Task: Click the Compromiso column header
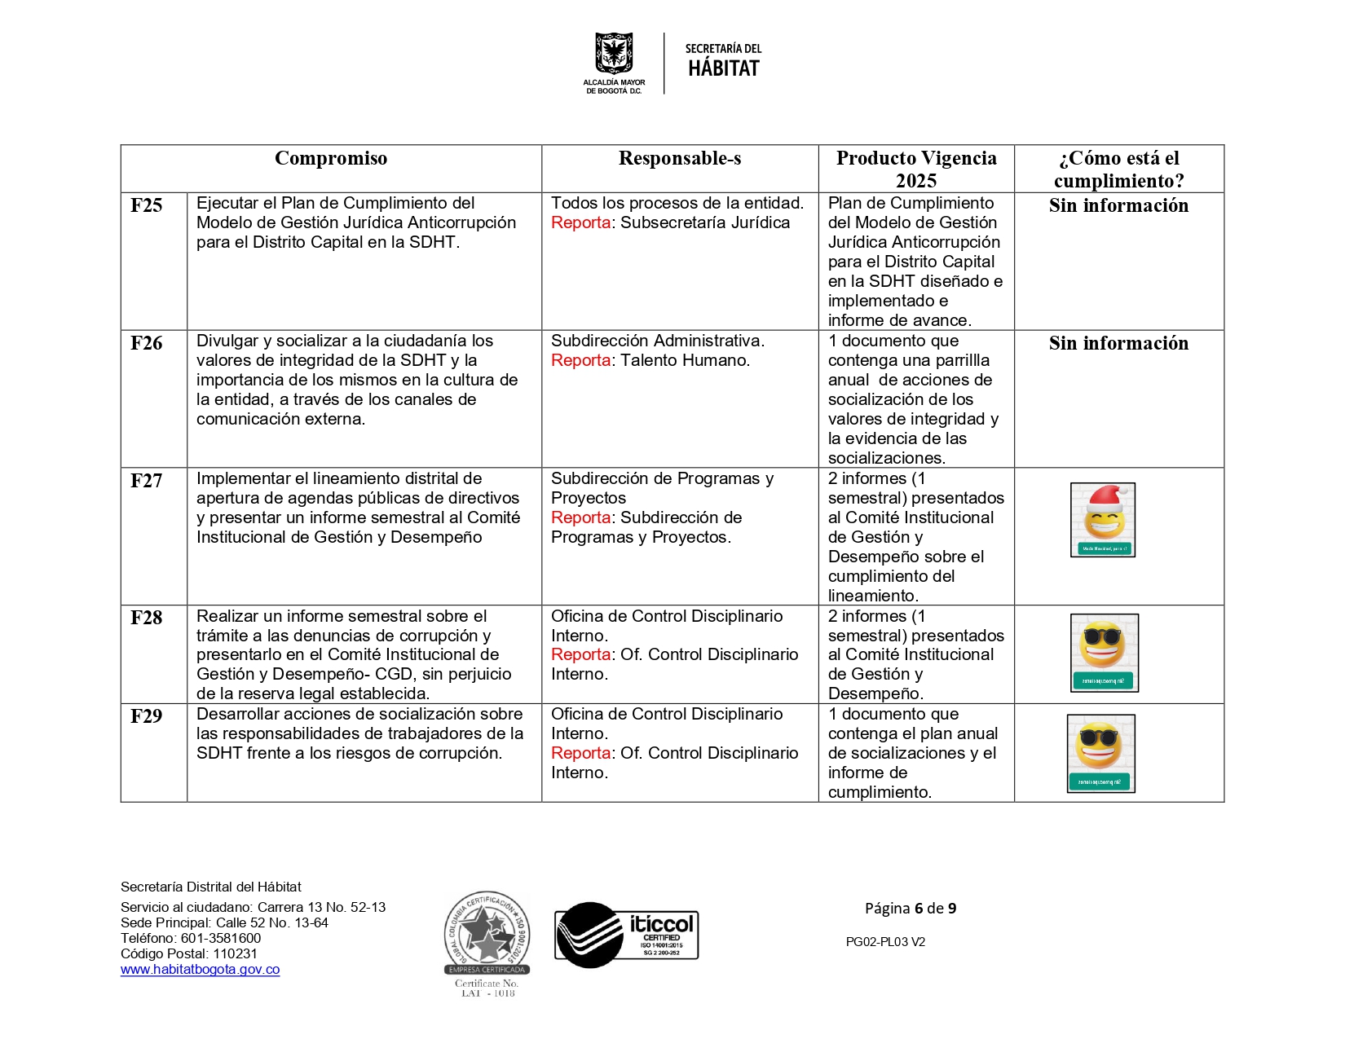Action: point(331,158)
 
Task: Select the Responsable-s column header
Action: point(680,158)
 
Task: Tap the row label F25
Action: point(147,205)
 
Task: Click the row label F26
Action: point(147,343)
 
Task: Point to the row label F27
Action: point(147,481)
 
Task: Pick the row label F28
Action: point(147,618)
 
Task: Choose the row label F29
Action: point(147,716)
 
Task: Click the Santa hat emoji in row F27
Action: point(1103,520)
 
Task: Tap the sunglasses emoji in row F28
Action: point(1104,652)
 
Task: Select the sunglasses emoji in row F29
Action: point(1100,752)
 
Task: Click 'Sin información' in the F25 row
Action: point(1118,205)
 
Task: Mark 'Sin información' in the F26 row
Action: point(1118,343)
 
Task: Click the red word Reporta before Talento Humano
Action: point(580,360)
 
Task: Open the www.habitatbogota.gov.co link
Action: point(200,970)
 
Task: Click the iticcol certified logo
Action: point(626,935)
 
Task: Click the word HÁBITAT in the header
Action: point(724,69)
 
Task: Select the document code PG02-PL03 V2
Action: point(885,942)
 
